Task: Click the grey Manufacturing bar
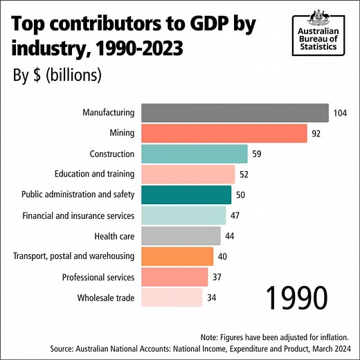tap(234, 112)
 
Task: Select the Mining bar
tap(224, 133)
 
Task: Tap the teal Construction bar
tap(194, 154)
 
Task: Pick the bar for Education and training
tap(188, 174)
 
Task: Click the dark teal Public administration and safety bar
tap(186, 195)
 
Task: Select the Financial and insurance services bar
tap(183, 215)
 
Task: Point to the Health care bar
tap(180, 236)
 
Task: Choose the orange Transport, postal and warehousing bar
tap(177, 256)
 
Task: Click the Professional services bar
tap(174, 277)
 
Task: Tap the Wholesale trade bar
tap(171, 298)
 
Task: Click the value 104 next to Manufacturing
tap(339, 113)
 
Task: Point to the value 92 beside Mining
tap(316, 133)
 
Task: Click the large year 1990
tap(297, 296)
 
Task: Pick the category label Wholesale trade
tap(106, 298)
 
